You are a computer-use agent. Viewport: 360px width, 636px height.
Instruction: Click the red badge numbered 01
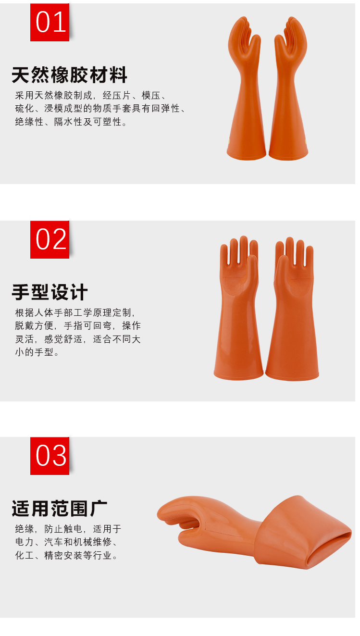point(50,23)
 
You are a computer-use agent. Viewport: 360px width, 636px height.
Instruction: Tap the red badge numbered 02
point(50,239)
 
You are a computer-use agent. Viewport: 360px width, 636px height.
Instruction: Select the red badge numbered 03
point(50,456)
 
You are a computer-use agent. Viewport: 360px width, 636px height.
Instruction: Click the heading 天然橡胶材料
point(69,75)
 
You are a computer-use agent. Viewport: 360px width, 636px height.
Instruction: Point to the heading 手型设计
point(50,292)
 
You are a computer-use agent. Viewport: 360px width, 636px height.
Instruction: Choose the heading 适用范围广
point(59,509)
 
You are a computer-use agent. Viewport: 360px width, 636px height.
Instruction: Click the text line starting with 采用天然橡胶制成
point(91,95)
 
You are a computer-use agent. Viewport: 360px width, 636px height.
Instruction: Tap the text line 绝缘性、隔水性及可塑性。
point(71,122)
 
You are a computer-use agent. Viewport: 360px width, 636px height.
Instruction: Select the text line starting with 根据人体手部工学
point(75,312)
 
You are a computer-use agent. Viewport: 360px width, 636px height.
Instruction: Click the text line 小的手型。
point(37,352)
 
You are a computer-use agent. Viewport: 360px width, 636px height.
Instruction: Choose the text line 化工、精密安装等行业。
point(66,555)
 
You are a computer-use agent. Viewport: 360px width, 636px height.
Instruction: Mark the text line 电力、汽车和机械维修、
point(66,542)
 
